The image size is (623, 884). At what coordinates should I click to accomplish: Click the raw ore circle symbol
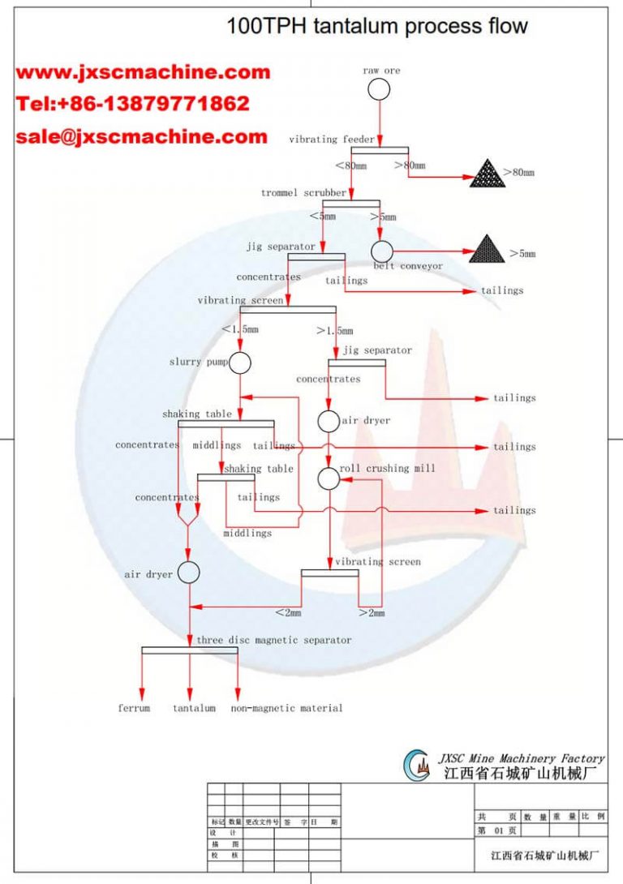tap(379, 90)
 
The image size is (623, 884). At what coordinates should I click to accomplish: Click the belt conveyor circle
tap(382, 251)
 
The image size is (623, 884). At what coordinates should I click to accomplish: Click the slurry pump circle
tap(239, 363)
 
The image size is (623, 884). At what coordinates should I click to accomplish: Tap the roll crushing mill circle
tap(329, 478)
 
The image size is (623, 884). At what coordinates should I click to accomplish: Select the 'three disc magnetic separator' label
tap(274, 640)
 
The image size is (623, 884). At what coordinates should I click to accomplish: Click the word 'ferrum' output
tap(134, 708)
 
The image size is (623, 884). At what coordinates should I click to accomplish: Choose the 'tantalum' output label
tap(194, 708)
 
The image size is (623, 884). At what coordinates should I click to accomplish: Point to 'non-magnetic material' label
tap(286, 708)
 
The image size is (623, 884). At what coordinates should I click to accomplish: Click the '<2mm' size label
tap(288, 613)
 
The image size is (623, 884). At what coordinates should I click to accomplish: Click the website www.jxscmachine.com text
tap(143, 72)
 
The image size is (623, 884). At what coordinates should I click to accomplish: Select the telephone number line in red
tap(133, 104)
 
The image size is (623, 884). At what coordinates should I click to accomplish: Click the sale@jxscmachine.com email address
tap(141, 136)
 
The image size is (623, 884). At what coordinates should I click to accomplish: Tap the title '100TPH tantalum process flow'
tap(377, 26)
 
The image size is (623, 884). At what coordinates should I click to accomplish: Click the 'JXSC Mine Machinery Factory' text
tap(522, 758)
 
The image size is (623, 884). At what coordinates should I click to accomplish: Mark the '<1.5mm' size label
tap(240, 329)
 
